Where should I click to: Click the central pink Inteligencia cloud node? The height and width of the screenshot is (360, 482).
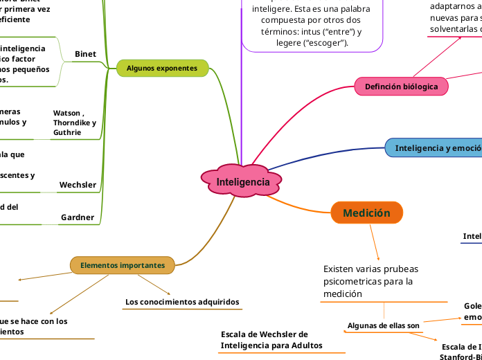[242, 181]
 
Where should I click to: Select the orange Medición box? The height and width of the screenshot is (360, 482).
[366, 213]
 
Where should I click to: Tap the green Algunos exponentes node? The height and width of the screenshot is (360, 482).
[162, 68]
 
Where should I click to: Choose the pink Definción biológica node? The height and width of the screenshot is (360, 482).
[402, 87]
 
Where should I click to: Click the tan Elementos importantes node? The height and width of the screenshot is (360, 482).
[123, 265]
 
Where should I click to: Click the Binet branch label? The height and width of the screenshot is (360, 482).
[85, 54]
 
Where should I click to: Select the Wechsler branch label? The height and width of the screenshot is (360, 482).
[78, 185]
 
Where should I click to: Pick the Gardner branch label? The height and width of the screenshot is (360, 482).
[78, 217]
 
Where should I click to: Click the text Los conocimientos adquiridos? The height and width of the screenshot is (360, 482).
[182, 302]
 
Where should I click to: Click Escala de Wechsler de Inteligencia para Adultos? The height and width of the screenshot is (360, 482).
[271, 340]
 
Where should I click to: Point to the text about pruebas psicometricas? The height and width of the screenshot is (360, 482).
[371, 280]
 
